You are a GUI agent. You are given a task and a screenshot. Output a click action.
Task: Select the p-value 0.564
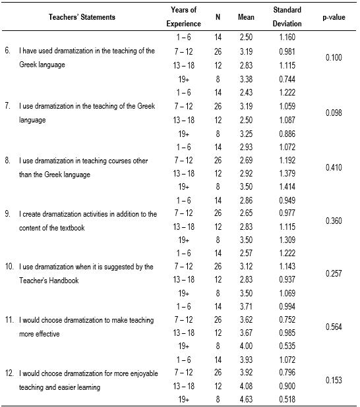coord(333,327)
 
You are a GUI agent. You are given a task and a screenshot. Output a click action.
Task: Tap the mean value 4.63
coord(245,398)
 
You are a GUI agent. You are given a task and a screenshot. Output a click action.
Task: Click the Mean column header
coord(245,18)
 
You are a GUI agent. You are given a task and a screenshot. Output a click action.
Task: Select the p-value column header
coord(333,18)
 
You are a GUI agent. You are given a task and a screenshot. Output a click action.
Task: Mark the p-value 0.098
coord(333,112)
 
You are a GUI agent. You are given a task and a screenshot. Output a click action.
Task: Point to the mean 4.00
coord(245,344)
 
